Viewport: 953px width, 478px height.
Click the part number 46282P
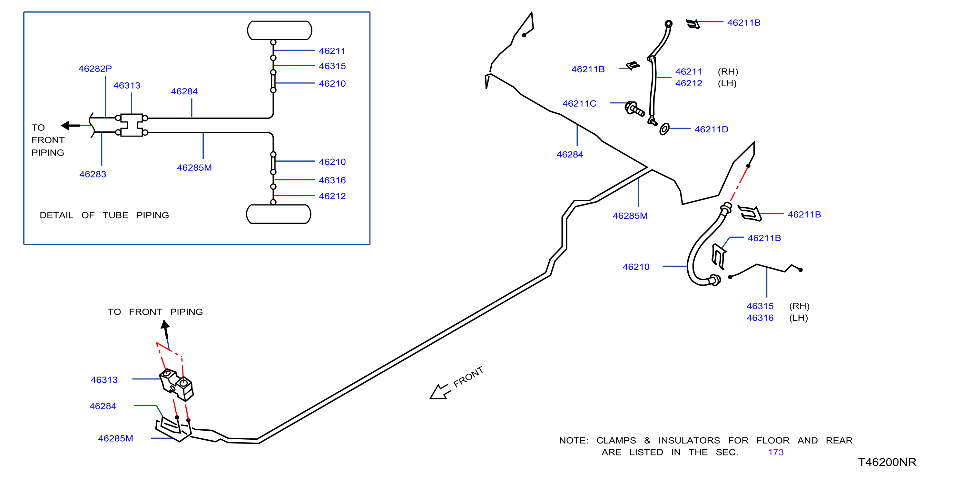95,69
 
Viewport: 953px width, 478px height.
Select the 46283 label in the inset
93,174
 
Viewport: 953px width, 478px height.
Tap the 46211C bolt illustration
634,109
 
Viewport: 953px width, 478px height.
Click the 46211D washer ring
664,129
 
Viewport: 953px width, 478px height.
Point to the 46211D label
712,129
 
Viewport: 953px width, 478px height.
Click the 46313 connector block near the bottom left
176,385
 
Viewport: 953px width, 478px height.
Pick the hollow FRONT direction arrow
440,391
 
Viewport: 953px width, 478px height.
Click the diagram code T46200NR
887,462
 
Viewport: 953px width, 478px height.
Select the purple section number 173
776,452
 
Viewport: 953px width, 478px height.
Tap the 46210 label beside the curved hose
636,267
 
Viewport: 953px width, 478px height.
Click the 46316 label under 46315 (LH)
760,318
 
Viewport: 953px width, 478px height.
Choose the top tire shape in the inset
280,30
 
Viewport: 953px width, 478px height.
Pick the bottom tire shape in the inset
279,214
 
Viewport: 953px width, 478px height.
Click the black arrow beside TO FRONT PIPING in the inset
70,126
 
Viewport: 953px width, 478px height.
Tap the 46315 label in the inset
332,66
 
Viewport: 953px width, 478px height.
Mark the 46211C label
579,103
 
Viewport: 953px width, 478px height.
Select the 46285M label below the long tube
630,216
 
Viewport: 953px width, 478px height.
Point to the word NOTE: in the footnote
574,440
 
